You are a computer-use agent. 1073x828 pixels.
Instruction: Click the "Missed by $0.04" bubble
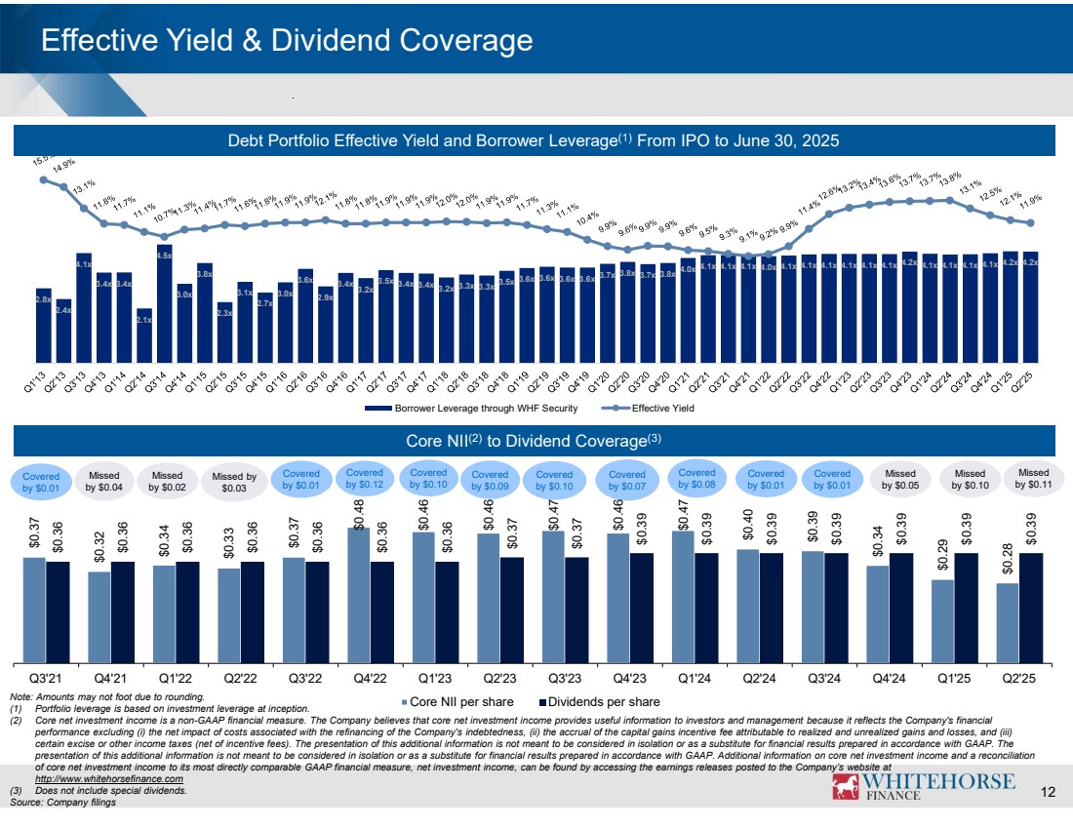pyautogui.click(x=102, y=478)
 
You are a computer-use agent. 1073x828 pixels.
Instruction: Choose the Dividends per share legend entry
pyautogui.click(x=599, y=701)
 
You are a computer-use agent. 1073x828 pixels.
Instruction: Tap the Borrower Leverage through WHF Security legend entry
pyautogui.click(x=470, y=408)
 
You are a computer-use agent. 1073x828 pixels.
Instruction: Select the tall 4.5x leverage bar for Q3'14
pyautogui.click(x=164, y=302)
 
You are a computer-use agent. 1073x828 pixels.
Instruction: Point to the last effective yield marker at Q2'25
pyautogui.click(x=1030, y=223)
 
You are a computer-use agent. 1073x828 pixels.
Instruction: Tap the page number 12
pyautogui.click(x=1049, y=791)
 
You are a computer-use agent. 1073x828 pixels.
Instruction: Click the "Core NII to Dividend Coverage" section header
pyautogui.click(x=535, y=440)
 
